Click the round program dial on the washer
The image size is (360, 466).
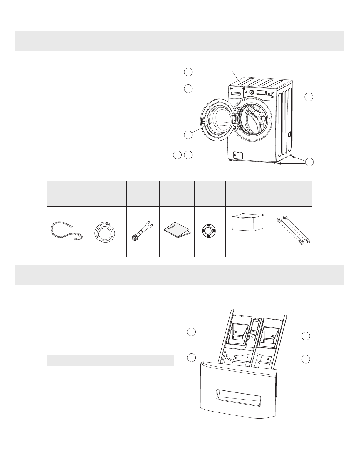[252, 92]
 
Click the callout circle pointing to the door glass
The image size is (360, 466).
[188, 135]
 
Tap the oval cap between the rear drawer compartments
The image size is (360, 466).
[252, 334]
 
